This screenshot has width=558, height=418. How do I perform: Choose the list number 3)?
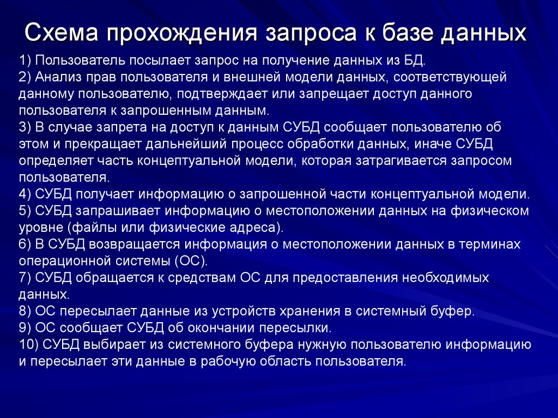(x=26, y=128)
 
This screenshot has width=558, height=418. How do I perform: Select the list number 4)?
(x=26, y=194)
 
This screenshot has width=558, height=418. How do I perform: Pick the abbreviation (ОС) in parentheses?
(x=192, y=261)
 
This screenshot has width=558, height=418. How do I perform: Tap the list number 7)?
(x=26, y=278)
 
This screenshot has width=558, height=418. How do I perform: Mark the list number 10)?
(x=29, y=345)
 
